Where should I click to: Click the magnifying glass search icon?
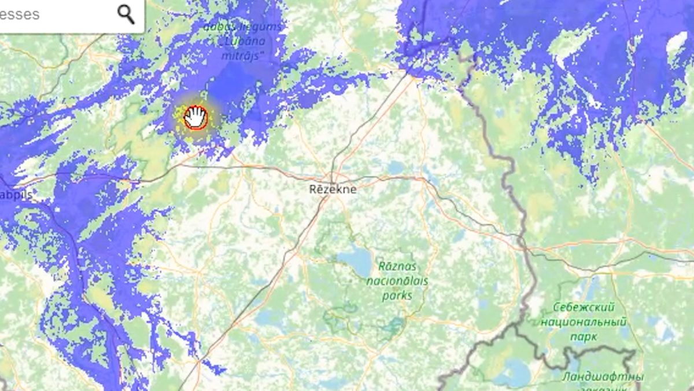pyautogui.click(x=125, y=14)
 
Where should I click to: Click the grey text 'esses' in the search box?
pyautogui.click(x=20, y=14)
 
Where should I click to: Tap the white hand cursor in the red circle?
pyautogui.click(x=196, y=117)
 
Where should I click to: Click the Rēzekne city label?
pyautogui.click(x=333, y=189)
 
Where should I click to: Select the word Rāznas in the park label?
pyautogui.click(x=398, y=266)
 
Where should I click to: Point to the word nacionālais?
pyautogui.click(x=397, y=281)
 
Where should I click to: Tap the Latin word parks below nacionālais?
pyautogui.click(x=397, y=295)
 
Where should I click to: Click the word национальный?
pyautogui.click(x=584, y=321)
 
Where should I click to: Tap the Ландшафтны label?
pyautogui.click(x=601, y=377)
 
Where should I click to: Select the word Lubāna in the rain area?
pyautogui.click(x=243, y=42)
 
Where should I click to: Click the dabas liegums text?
pyautogui.click(x=243, y=27)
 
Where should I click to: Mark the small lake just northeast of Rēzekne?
pyautogui.click(x=396, y=168)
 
